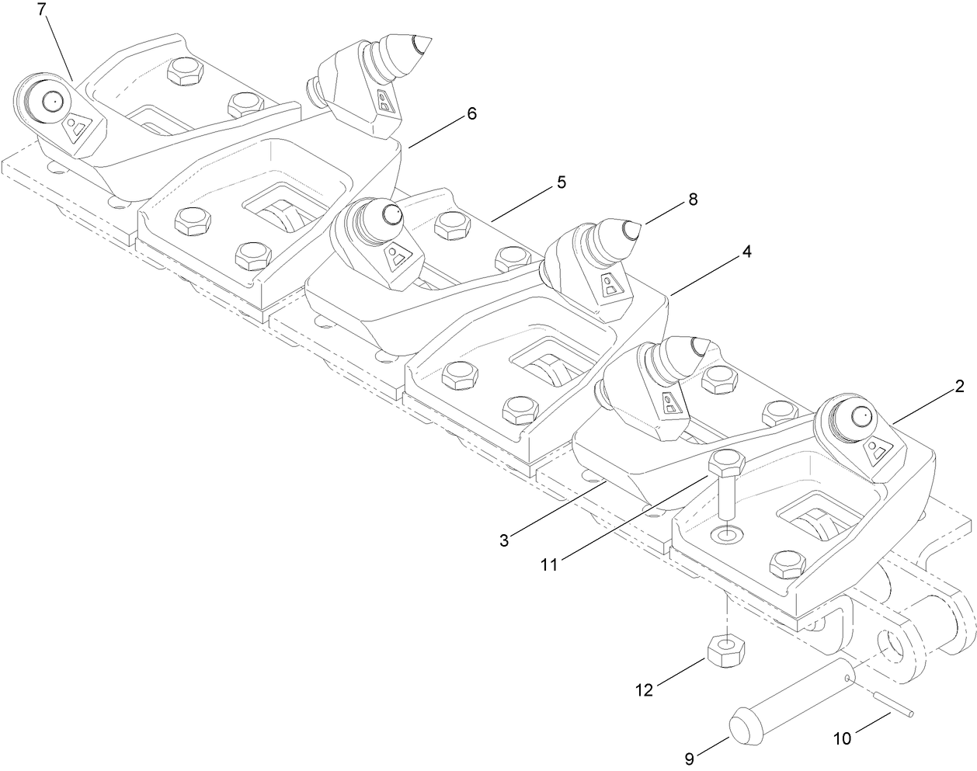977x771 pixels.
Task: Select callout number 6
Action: [x=471, y=114]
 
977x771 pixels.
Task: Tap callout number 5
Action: [x=560, y=182]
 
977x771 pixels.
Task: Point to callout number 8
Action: [x=691, y=200]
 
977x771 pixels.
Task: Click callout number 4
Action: [x=746, y=252]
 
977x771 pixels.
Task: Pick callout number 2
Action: [x=960, y=386]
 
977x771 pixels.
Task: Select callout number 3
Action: [x=504, y=540]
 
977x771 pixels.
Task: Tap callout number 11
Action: [x=549, y=565]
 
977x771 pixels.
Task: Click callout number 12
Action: [x=644, y=688]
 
